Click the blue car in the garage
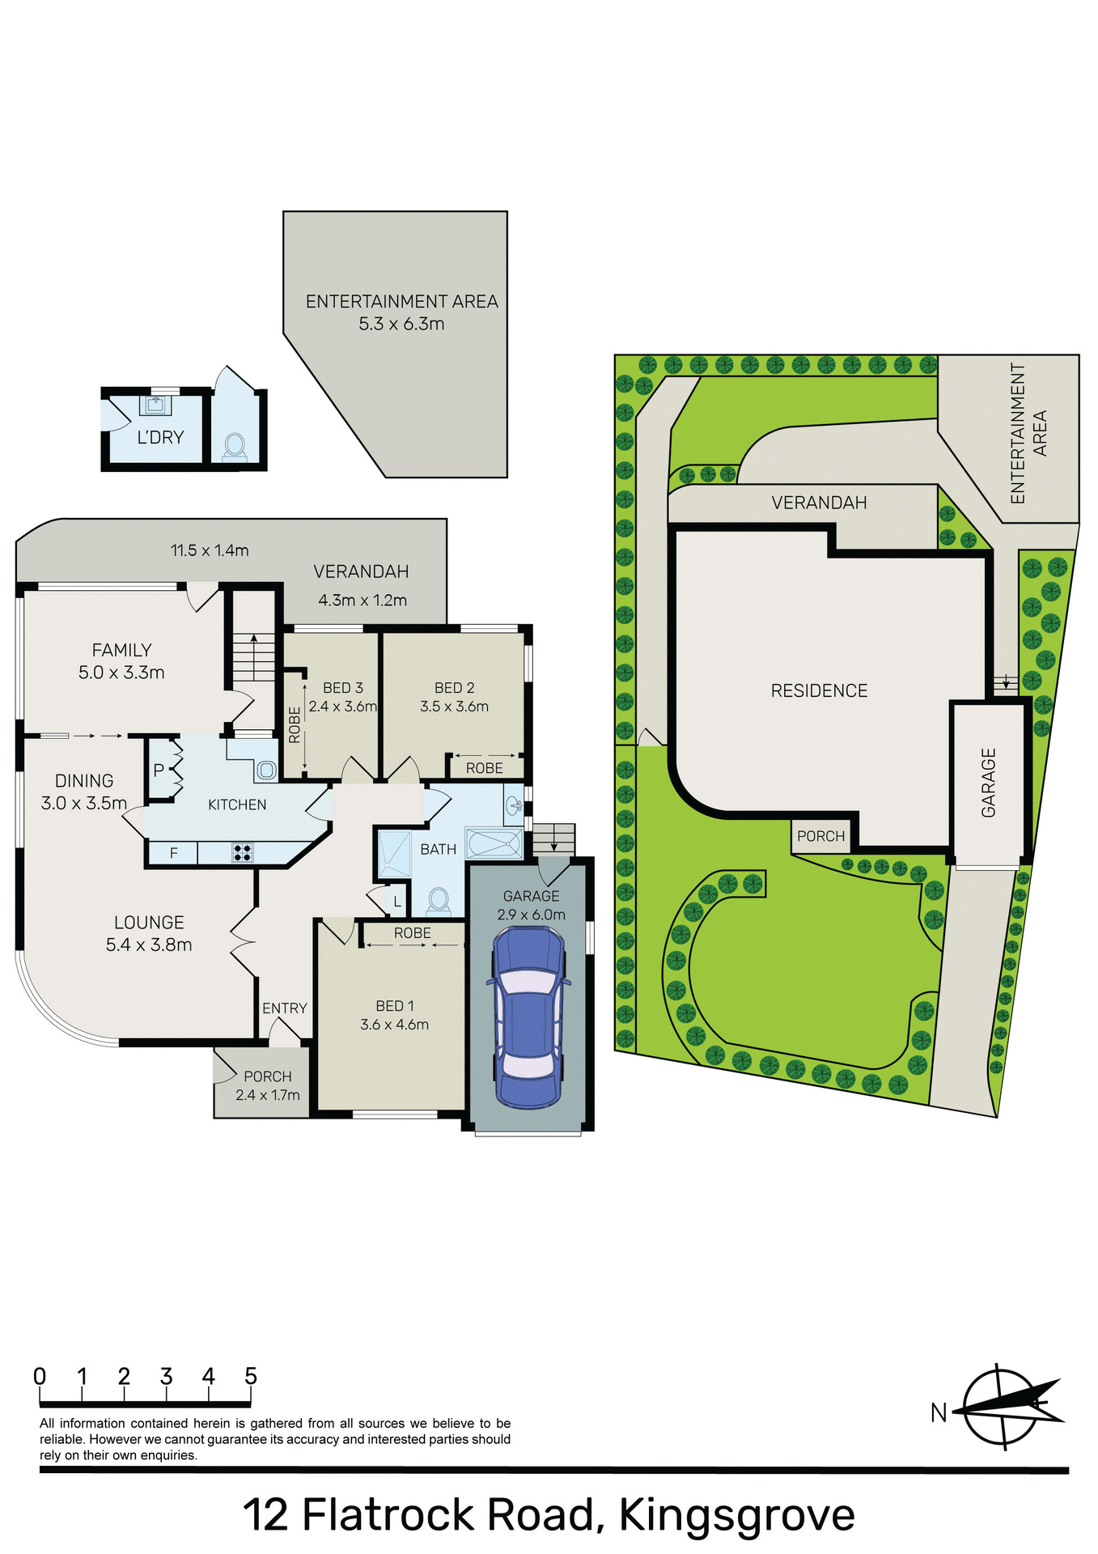point(528,1016)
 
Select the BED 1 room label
point(395,1006)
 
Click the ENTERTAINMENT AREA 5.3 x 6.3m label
point(401,312)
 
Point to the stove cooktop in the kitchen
point(243,851)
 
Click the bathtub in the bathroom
point(494,842)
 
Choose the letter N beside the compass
point(939,1412)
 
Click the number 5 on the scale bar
point(251,1377)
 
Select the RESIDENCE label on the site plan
point(819,690)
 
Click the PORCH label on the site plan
point(820,836)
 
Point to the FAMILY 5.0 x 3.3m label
point(121,660)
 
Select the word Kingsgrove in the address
point(736,1515)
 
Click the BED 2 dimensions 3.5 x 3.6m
point(454,707)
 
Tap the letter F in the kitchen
point(173,853)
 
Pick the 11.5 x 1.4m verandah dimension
point(210,550)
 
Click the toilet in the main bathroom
point(439,899)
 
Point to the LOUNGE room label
point(149,923)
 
